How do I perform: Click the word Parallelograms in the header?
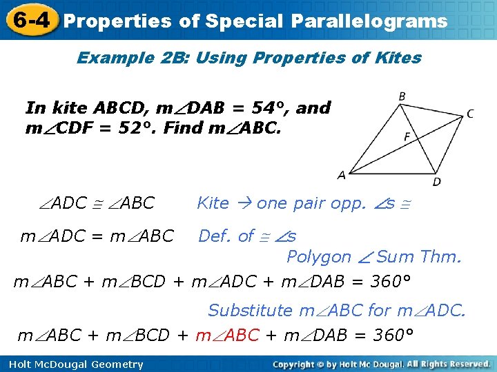369,21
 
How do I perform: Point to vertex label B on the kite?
402,96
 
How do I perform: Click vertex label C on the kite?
470,114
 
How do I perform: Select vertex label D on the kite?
436,181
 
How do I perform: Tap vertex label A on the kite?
341,176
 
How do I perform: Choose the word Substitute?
250,311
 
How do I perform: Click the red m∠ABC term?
228,335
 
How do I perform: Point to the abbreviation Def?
215,236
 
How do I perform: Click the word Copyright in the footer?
301,364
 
